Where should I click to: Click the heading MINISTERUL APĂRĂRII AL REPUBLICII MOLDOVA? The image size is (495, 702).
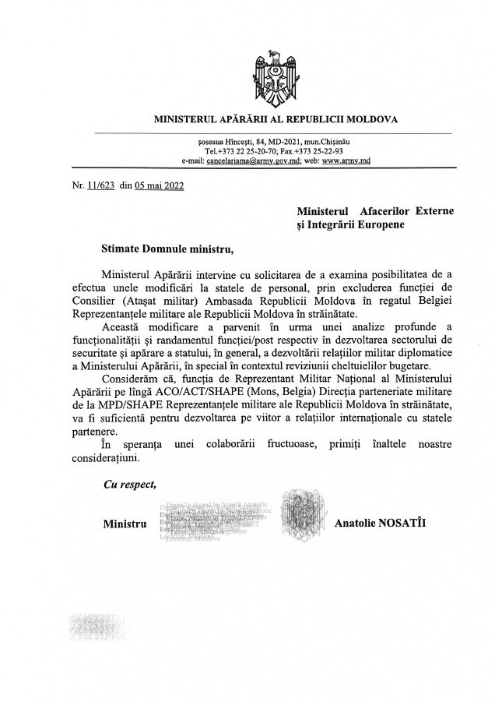click(276, 120)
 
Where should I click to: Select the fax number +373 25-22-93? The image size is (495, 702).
click(321, 150)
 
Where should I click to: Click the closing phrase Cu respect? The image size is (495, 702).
click(130, 484)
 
